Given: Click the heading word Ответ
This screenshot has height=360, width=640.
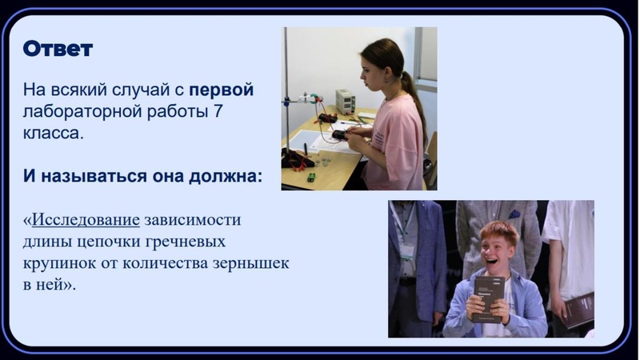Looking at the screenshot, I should pos(58,49).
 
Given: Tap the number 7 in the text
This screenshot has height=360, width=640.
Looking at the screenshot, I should pos(218,111).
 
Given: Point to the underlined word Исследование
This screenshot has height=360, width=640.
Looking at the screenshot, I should pos(86,220).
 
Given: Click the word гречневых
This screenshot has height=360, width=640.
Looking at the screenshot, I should pos(187,241).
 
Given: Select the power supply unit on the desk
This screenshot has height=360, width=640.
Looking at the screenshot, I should pos(345,102).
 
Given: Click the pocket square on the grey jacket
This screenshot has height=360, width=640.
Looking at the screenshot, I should pos(514,214).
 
